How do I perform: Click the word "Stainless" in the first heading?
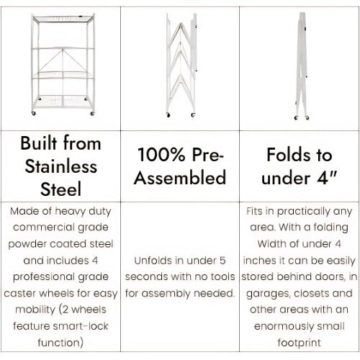tap(61, 166)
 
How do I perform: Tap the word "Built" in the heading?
tap(39, 143)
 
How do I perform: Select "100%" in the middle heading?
tap(161, 154)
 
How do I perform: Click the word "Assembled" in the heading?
tap(180, 177)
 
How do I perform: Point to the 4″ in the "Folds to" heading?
tap(327, 178)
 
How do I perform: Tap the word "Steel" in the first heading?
tap(60, 189)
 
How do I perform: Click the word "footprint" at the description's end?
tap(299, 343)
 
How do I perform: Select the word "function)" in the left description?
tap(60, 343)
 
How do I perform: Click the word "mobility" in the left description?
tap(35, 310)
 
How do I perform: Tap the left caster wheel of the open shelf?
tap(34, 113)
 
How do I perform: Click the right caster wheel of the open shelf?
tap(92, 114)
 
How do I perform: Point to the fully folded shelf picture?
tap(302, 66)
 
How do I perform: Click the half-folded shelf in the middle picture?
tap(181, 66)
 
